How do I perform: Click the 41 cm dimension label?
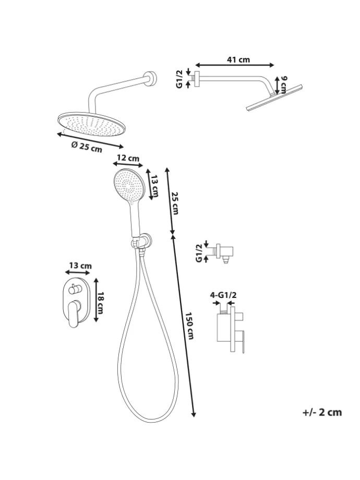(x=238, y=60)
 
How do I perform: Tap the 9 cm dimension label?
(x=284, y=83)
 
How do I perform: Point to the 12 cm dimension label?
(x=128, y=158)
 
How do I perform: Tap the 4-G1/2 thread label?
(x=223, y=296)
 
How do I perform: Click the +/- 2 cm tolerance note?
(x=322, y=412)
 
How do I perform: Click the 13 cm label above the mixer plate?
(x=79, y=266)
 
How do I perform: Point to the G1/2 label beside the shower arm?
(x=180, y=78)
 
